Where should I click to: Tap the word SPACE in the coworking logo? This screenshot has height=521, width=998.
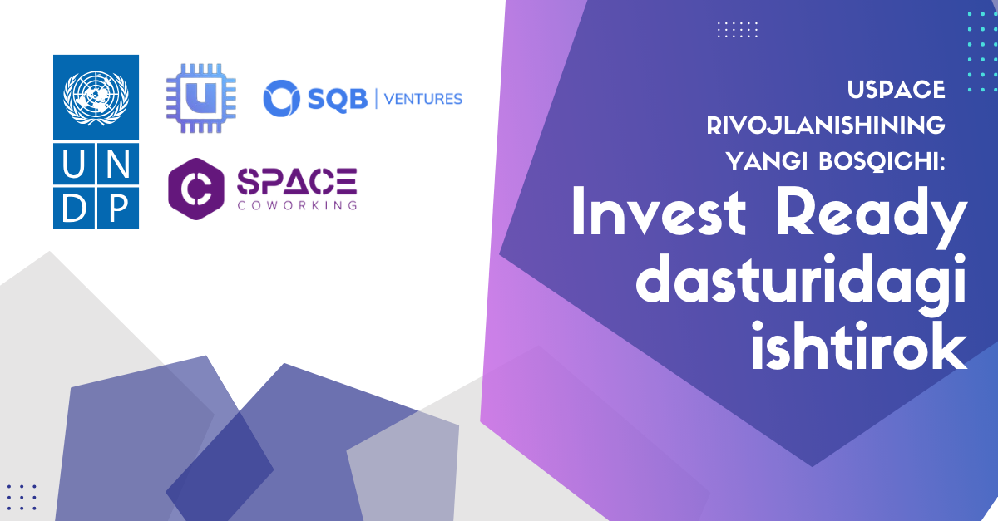pos(297,179)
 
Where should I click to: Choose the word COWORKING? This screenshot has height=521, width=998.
pos(297,204)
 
